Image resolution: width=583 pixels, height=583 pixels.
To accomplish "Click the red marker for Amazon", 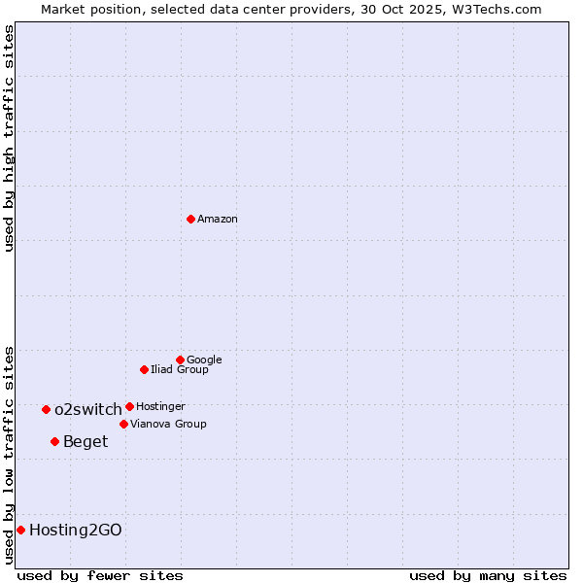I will tap(190, 219).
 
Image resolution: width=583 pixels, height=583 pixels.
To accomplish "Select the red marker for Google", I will tap(180, 360).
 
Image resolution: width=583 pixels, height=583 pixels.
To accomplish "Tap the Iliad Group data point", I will tap(144, 369).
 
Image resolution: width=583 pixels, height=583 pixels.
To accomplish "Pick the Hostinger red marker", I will tap(129, 406).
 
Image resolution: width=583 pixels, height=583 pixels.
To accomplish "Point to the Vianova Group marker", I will tap(123, 424).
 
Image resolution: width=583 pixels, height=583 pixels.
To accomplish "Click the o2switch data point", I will tap(46, 409).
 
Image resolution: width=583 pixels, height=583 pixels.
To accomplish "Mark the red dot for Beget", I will tap(54, 441).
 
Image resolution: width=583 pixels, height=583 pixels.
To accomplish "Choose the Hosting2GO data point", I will tap(20, 530).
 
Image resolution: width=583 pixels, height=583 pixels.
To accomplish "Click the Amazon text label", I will tap(218, 220).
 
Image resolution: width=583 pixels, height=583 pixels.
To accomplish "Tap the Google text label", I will tap(204, 360).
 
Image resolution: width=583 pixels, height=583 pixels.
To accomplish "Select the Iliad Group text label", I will tap(180, 370).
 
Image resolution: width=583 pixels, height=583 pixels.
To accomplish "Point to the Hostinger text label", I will tap(160, 407).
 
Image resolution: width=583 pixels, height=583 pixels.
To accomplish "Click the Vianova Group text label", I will tap(168, 425).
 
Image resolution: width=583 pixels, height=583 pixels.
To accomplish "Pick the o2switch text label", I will tap(88, 410).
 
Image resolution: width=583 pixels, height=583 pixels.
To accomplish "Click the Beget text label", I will tap(86, 442).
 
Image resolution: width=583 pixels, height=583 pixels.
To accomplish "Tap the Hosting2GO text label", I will tap(76, 531).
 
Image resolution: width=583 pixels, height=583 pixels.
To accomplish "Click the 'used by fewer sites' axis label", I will tap(100, 575).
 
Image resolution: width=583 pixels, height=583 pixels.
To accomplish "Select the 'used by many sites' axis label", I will tap(488, 575).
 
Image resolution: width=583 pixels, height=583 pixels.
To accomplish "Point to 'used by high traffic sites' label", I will tap(9, 138).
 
